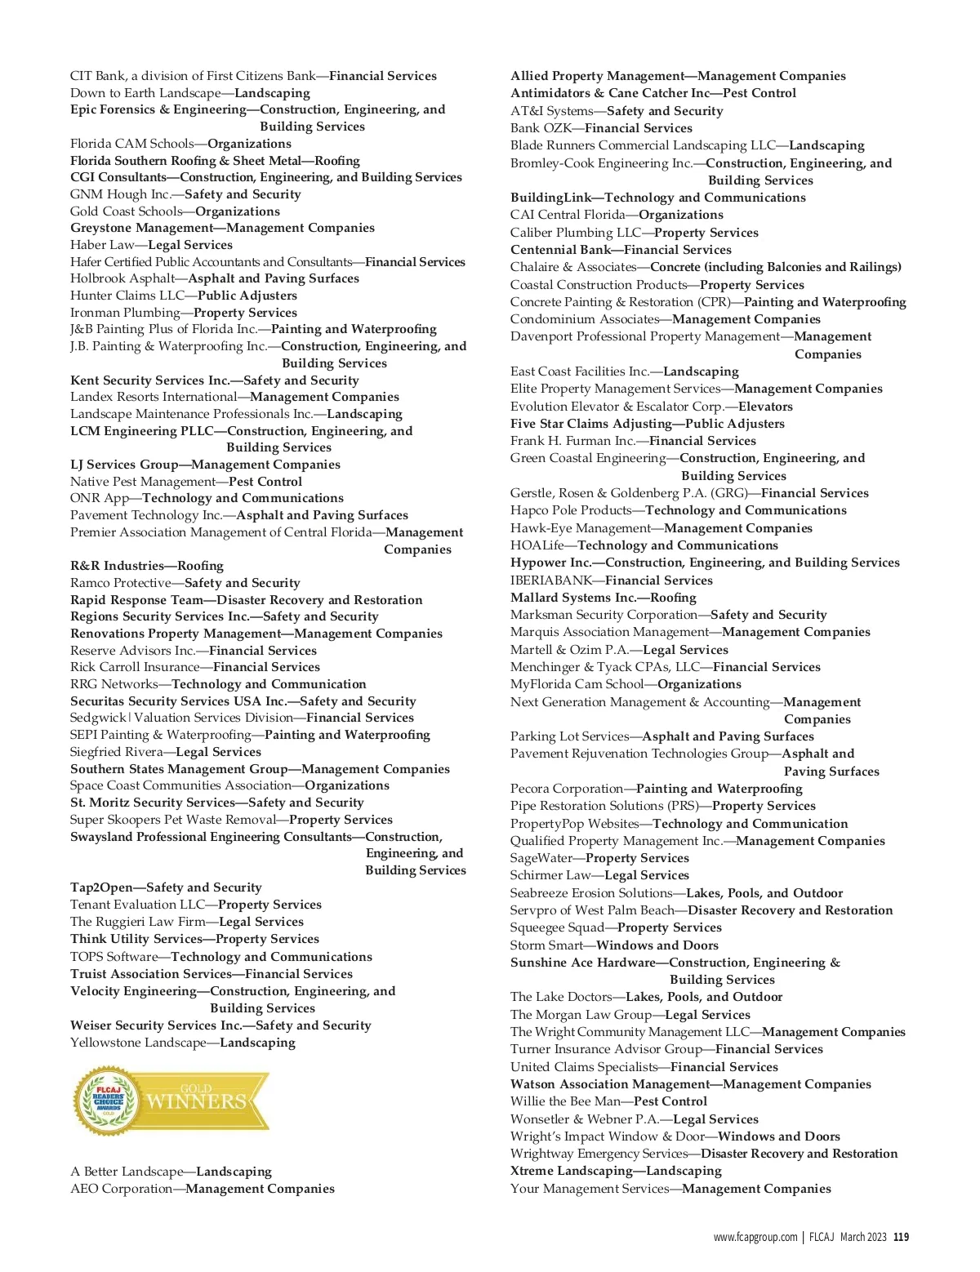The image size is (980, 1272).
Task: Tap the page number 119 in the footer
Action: point(901,1237)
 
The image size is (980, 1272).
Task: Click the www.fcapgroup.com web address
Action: point(755,1237)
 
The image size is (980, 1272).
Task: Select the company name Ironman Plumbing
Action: point(125,313)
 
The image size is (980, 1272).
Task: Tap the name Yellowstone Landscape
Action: point(138,1043)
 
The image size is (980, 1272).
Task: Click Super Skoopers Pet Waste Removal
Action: point(173,820)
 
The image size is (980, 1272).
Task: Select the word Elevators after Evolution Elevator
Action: point(765,407)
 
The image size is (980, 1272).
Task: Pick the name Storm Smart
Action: point(546,945)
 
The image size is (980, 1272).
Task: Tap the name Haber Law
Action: point(102,245)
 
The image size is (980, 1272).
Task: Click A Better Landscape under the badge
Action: point(126,1172)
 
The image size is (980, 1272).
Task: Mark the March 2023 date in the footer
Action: point(862,1237)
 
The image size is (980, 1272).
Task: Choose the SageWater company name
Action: point(541,858)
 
